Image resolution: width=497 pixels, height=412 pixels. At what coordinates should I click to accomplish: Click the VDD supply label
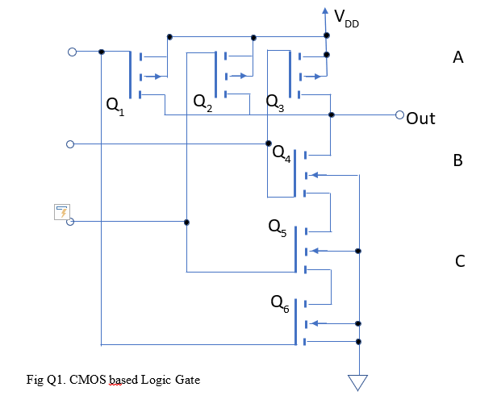pos(345,19)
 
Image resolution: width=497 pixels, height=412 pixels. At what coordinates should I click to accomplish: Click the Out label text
pos(420,119)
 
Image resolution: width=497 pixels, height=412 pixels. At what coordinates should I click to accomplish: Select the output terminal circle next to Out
pos(399,114)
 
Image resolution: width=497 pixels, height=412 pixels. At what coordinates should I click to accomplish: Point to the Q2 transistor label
pos(203,104)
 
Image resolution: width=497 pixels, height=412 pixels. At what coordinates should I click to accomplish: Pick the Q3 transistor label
pos(275,104)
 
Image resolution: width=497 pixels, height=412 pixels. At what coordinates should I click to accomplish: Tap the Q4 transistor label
pos(282,152)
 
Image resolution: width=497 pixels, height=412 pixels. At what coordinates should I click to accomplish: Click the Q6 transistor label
pos(280,304)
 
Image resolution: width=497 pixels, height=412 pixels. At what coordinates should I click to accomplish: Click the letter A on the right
pos(458,57)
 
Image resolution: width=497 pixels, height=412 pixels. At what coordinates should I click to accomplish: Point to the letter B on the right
pos(458,160)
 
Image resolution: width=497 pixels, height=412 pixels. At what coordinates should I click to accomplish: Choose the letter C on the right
pos(460,261)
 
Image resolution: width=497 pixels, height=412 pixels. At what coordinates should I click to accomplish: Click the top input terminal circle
pos(71,52)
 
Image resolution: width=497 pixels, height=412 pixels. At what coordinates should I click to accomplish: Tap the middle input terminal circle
pos(70,144)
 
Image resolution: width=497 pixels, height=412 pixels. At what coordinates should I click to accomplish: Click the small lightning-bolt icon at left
pos(61,211)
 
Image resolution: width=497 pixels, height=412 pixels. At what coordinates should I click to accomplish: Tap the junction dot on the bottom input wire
pos(186,222)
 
